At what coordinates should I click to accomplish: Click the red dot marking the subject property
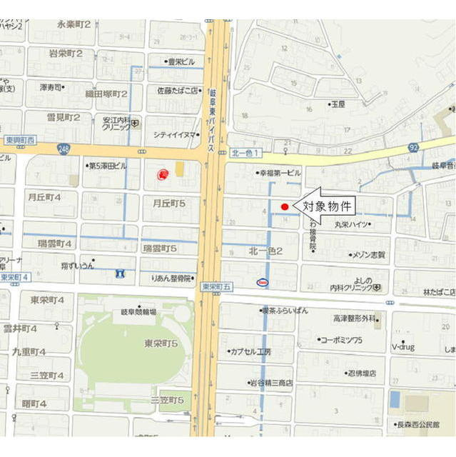tap(284, 207)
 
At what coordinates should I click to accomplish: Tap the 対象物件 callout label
tap(328, 207)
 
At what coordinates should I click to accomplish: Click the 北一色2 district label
tap(265, 251)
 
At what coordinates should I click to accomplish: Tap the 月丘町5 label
tap(169, 203)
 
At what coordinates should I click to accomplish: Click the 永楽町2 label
tap(74, 24)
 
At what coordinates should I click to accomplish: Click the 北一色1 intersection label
tap(248, 153)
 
